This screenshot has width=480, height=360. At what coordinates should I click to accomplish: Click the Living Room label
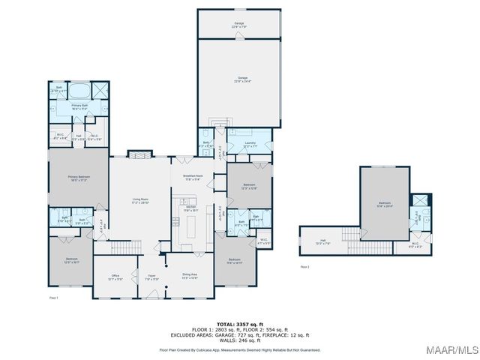pos(140,201)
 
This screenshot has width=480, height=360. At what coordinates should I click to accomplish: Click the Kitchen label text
pos(190,209)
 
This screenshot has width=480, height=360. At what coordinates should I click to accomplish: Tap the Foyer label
pos(151,277)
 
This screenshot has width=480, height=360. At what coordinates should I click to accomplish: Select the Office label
pos(115,277)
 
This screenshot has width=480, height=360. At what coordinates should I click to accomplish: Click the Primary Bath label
pos(79,107)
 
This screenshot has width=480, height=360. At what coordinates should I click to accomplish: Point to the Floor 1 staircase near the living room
pos(127,247)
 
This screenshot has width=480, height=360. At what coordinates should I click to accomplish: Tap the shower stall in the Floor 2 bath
pos(421,200)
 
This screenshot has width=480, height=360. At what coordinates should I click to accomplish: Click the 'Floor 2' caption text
pos(304,266)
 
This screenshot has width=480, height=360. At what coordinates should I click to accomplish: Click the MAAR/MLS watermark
pos(453,351)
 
